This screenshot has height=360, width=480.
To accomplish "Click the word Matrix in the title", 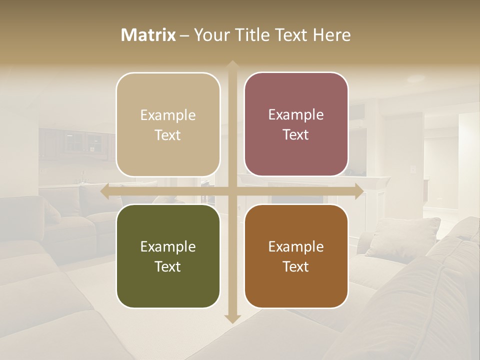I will click(148, 35).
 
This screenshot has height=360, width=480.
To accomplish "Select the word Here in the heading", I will click(331, 35).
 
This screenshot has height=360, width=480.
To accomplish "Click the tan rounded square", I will click(168, 124).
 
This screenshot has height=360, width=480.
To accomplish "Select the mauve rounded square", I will click(296, 124).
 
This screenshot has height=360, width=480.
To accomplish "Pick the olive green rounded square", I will click(168, 256).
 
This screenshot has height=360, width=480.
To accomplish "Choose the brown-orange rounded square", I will click(296, 256).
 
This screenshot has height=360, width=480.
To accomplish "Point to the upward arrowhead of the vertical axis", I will click(232, 64).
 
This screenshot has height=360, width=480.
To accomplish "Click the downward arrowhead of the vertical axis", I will click(232, 318).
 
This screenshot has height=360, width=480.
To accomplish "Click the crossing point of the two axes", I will click(232, 191).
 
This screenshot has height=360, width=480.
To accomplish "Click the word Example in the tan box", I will click(168, 115).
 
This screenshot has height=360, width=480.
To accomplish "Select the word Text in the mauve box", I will click(296, 135).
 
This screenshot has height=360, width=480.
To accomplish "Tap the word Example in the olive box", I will click(168, 247).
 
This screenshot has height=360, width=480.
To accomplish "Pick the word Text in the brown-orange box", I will click(296, 267).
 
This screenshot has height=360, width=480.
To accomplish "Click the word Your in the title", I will click(210, 35).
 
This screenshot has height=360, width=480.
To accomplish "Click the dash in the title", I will click(184, 35).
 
